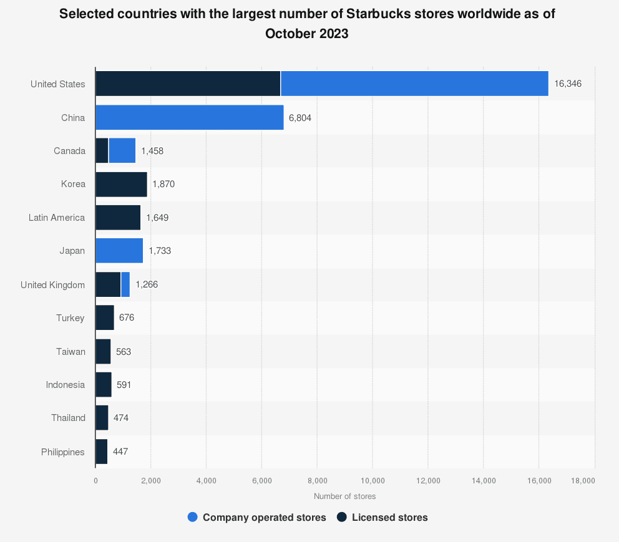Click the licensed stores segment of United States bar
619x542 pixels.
(x=188, y=84)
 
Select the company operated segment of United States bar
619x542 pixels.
(x=414, y=84)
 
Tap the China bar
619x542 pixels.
(x=189, y=117)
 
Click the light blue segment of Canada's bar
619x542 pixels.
(x=122, y=150)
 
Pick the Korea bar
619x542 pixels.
(x=121, y=184)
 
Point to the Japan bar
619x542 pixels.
(x=119, y=251)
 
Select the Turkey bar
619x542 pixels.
(x=105, y=317)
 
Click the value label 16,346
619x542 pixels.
(x=567, y=84)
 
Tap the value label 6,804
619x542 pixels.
(x=300, y=117)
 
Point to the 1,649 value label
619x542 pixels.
(x=157, y=218)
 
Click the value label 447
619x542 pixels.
(x=120, y=452)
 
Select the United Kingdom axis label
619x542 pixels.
(x=52, y=284)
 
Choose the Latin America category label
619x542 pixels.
(x=57, y=218)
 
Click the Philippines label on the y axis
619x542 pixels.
(x=62, y=452)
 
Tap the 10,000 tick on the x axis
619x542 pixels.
(x=373, y=480)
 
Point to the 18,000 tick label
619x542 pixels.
(x=583, y=480)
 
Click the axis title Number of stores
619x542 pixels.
(x=344, y=496)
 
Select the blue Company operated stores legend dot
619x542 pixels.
(x=193, y=517)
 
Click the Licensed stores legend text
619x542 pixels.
(x=389, y=517)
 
